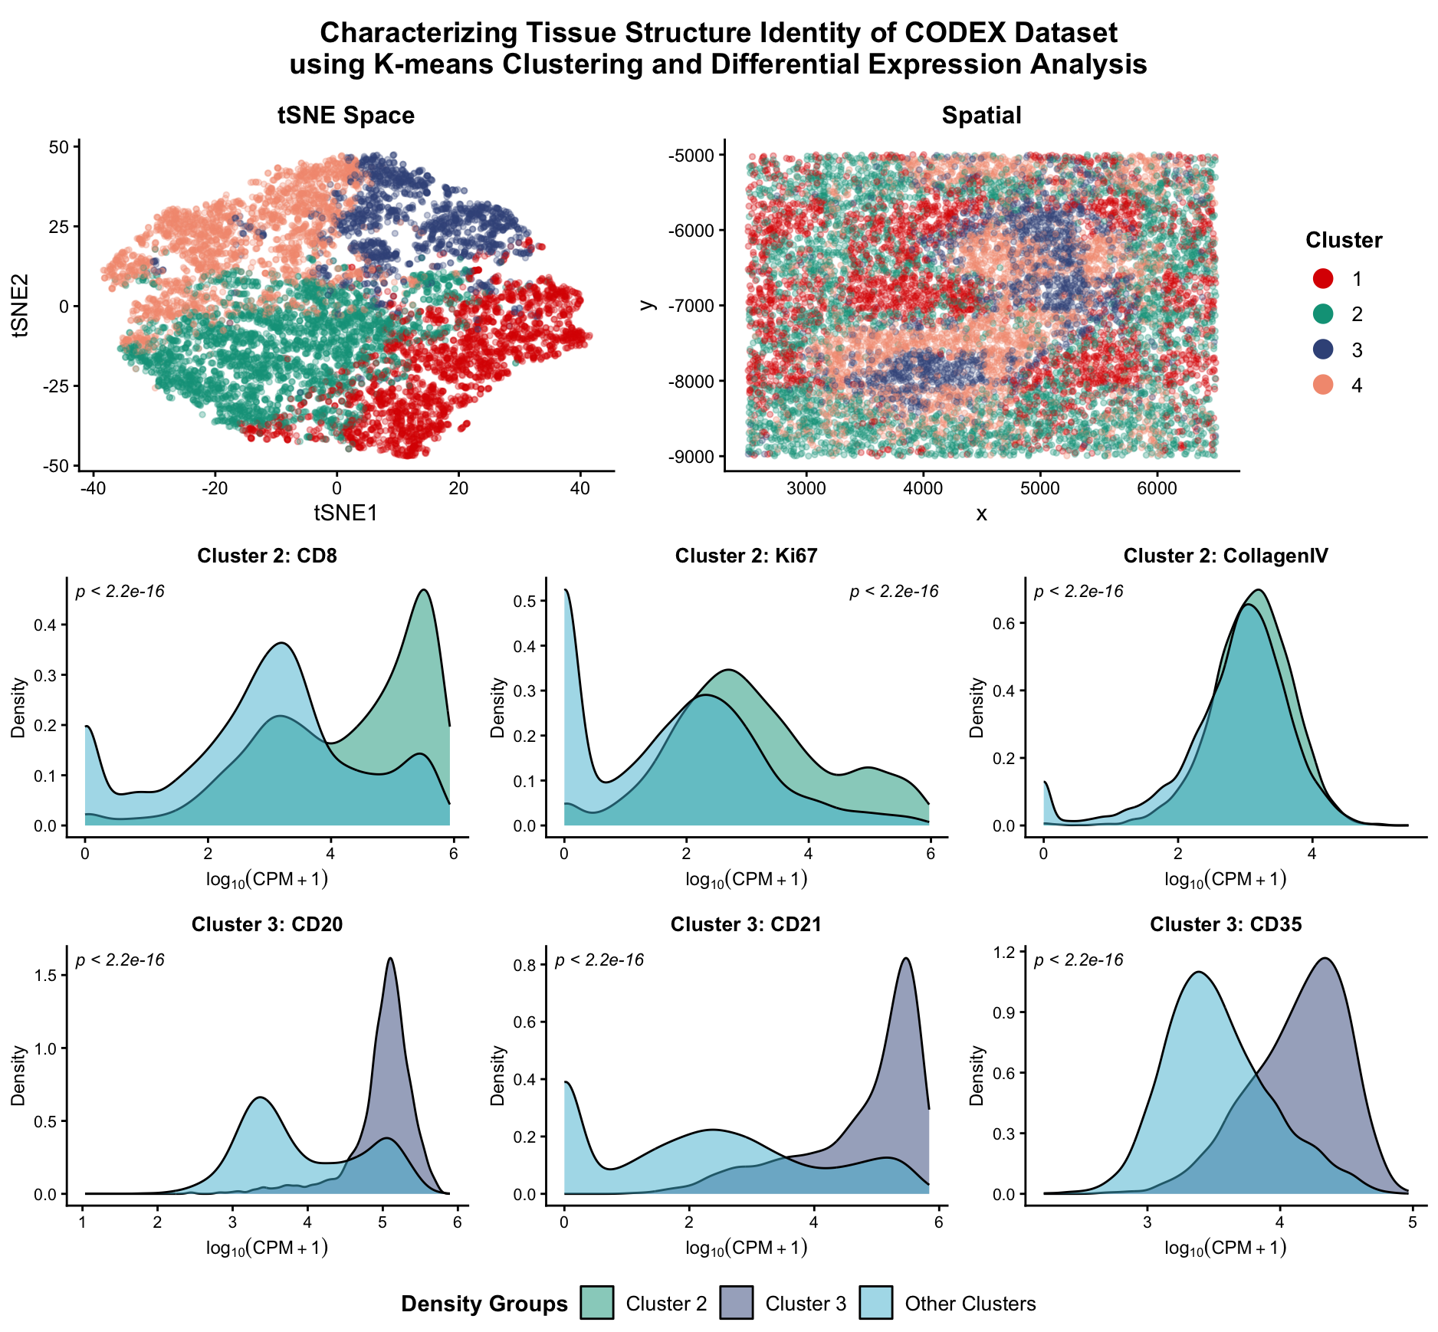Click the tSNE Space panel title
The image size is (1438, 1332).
346,116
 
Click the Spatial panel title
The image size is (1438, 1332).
981,116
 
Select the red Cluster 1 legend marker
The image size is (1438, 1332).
1323,278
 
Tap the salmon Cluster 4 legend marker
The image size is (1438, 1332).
1323,385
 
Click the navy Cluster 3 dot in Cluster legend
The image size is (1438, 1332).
1323,349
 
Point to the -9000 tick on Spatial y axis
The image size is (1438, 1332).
691,457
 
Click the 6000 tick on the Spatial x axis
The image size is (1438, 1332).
1157,489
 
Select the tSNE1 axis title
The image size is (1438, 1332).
346,513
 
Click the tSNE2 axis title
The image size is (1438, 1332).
20,305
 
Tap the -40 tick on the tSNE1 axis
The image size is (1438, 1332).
93,489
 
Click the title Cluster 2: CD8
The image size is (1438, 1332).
267,556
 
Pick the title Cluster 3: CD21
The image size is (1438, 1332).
746,924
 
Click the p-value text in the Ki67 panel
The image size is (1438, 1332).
894,592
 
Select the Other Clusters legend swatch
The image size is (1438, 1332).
875,1303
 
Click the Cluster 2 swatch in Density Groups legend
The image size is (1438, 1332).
596,1303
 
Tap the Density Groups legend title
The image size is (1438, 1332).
484,1304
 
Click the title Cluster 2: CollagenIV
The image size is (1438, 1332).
1225,556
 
